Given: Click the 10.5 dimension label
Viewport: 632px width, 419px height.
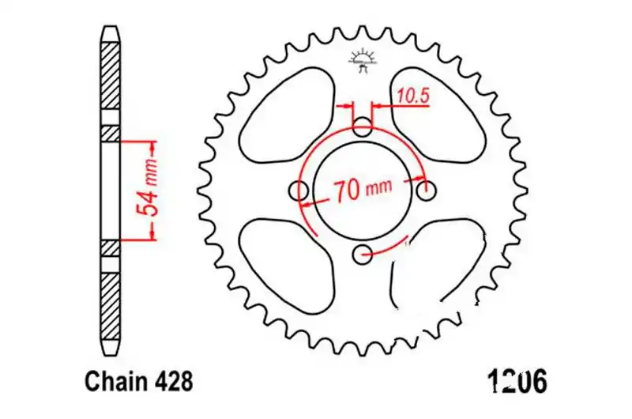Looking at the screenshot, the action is pos(413,96).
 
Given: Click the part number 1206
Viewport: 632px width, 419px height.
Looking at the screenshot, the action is pos(517,382).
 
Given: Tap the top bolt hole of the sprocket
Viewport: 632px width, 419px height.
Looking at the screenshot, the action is pos(363,127).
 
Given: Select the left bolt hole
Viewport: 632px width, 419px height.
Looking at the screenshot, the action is pos(299,190).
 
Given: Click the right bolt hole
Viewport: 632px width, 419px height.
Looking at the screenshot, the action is pos(426,190).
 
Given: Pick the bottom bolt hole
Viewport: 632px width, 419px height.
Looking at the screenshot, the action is pos(363,254).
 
